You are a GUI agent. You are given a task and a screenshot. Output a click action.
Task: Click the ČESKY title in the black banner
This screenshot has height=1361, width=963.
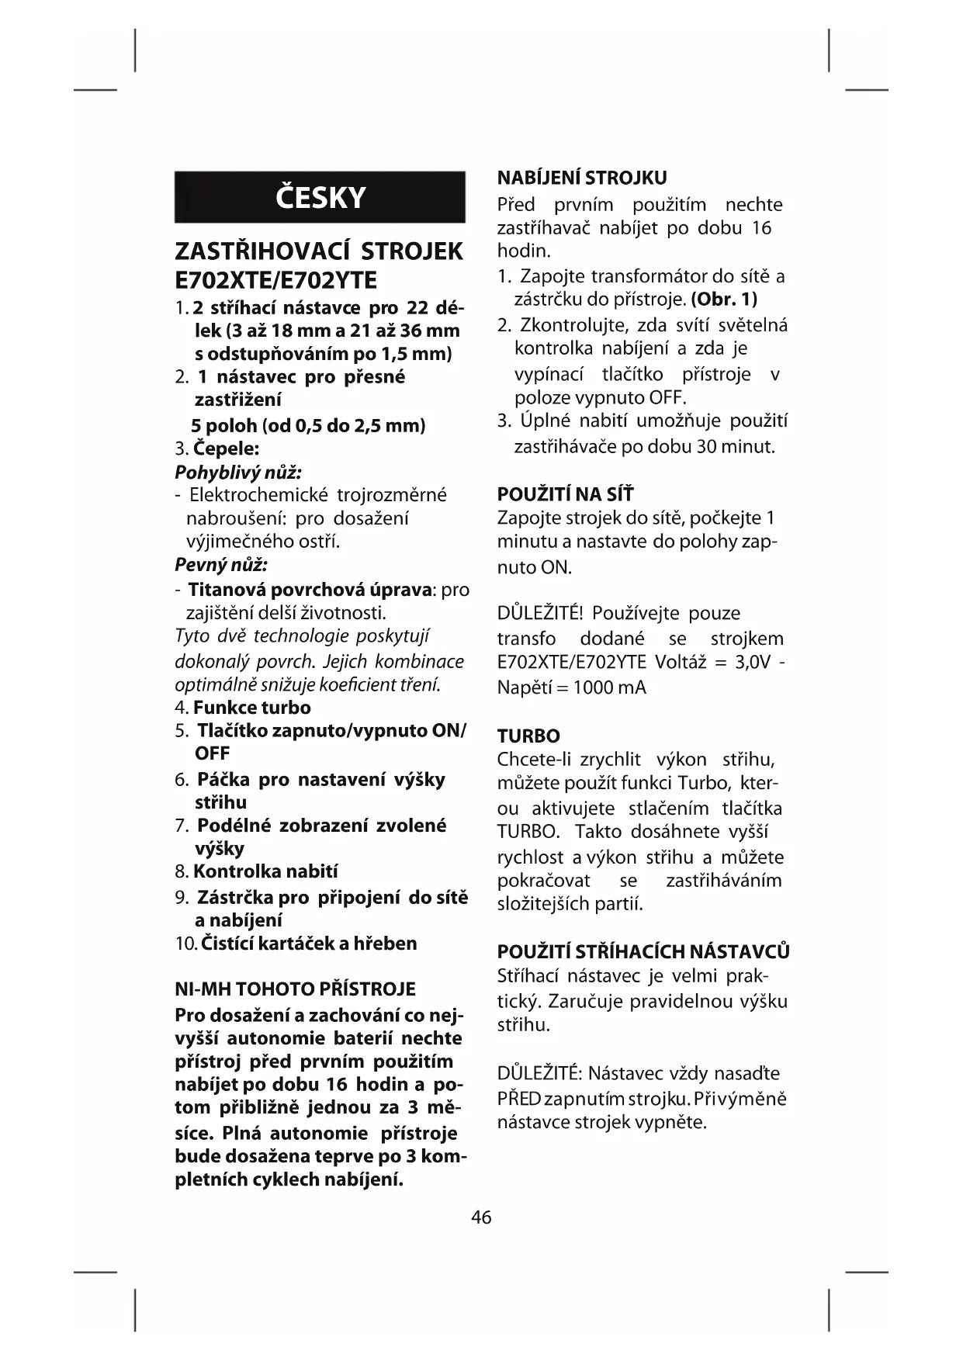click(x=320, y=198)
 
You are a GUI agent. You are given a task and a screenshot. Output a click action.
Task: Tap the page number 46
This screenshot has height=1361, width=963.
click(x=481, y=1217)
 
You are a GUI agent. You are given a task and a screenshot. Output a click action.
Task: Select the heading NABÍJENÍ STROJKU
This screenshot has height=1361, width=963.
click(x=582, y=178)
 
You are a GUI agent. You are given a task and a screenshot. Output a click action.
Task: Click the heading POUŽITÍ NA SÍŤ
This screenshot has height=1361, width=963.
click(x=565, y=494)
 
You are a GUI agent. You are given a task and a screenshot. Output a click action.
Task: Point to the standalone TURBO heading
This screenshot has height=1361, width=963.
click(x=528, y=736)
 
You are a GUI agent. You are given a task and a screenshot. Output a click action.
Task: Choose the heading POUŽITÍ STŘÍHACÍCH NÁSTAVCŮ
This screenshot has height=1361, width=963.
click(x=643, y=951)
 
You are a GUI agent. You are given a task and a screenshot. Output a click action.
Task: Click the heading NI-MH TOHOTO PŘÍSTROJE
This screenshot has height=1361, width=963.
click(x=295, y=989)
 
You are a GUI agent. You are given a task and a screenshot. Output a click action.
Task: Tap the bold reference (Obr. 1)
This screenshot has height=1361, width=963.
click(x=723, y=299)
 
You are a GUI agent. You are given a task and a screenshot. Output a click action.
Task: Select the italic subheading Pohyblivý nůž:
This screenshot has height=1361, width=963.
click(x=238, y=472)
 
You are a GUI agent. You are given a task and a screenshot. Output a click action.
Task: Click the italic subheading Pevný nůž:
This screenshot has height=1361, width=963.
click(x=221, y=564)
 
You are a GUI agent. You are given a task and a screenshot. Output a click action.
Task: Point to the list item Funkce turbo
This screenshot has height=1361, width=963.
click(x=251, y=708)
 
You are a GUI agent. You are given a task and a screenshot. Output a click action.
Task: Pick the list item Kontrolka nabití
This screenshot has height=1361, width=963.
click(x=265, y=871)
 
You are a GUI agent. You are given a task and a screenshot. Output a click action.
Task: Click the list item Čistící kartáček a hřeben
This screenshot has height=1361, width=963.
click(x=308, y=944)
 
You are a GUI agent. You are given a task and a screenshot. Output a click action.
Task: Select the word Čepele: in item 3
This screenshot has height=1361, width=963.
click(x=226, y=448)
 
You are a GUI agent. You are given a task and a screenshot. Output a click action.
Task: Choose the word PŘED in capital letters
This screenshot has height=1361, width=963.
click(x=518, y=1099)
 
